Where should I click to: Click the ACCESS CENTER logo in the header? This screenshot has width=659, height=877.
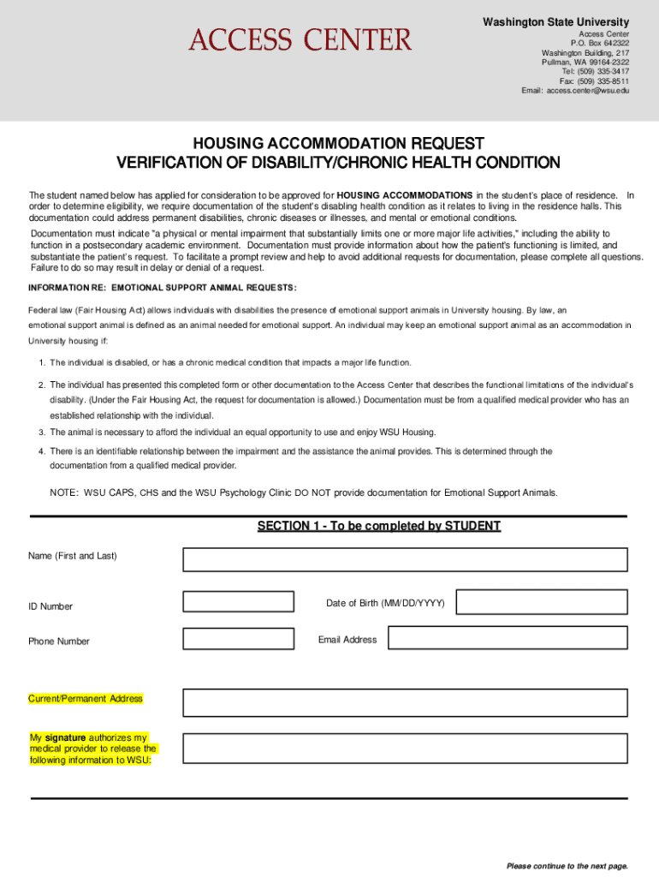click(x=300, y=39)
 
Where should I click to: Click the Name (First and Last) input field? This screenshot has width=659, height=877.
click(x=406, y=558)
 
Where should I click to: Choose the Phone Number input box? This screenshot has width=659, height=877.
click(x=239, y=639)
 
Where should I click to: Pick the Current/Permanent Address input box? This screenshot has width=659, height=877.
click(x=406, y=702)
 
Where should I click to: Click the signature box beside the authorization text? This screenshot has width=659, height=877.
click(x=406, y=748)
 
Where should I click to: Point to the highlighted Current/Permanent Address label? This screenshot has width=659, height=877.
click(x=86, y=699)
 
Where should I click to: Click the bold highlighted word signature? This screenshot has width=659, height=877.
click(x=65, y=737)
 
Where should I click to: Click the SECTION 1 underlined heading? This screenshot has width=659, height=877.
click(x=378, y=526)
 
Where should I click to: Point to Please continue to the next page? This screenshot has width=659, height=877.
click(x=567, y=866)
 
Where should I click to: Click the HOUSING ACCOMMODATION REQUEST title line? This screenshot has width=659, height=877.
click(x=338, y=143)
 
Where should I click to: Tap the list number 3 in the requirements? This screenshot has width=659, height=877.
click(x=41, y=433)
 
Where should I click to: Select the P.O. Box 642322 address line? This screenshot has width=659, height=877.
click(x=599, y=43)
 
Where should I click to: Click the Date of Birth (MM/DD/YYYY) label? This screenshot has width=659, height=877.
click(x=385, y=604)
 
